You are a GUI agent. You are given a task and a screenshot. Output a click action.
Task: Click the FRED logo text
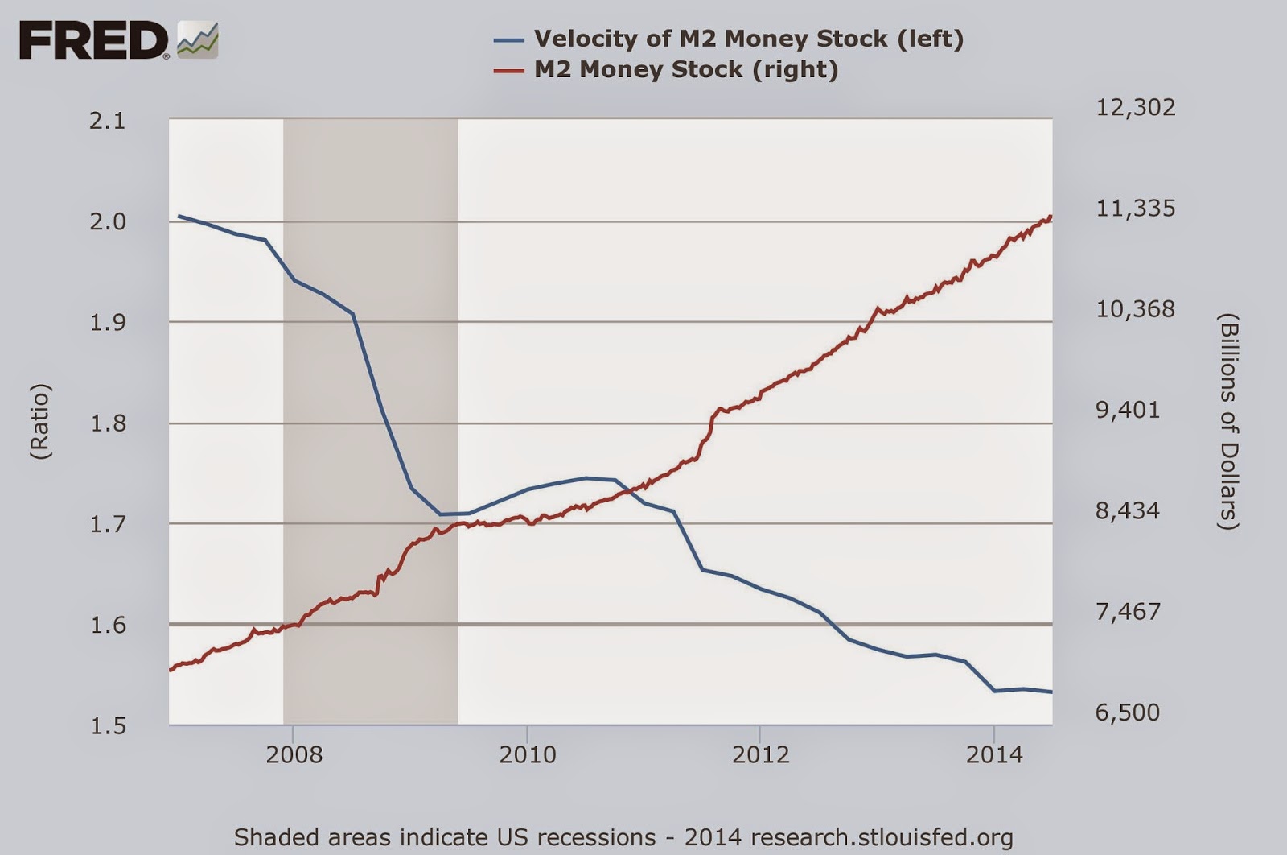[93, 40]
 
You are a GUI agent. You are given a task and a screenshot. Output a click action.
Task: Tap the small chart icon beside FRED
[198, 40]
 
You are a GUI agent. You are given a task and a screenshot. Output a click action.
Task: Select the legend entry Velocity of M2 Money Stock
[748, 39]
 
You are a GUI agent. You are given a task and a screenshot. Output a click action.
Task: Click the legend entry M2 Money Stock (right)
[686, 69]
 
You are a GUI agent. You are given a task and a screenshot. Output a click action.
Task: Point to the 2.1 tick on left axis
[108, 121]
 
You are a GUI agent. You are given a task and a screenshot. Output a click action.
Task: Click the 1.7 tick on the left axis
[108, 524]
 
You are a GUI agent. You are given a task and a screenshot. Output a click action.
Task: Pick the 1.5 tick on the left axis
[108, 726]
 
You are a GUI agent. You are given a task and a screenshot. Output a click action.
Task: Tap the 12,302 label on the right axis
[1135, 107]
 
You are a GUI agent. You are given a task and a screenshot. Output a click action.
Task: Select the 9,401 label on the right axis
[1128, 410]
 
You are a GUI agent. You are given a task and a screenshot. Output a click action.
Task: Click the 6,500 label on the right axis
[1128, 712]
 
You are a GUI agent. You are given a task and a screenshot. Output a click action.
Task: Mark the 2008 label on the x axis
[294, 754]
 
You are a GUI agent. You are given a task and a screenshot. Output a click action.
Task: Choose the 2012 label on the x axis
[760, 754]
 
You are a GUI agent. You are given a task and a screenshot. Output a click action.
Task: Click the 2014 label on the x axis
[994, 754]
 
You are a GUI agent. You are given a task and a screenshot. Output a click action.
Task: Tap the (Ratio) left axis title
[40, 422]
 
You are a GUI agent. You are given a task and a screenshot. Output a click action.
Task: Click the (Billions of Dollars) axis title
[1227, 422]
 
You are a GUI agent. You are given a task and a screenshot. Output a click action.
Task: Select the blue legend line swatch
[508, 39]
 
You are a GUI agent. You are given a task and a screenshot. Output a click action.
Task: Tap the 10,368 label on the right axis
[1135, 309]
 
